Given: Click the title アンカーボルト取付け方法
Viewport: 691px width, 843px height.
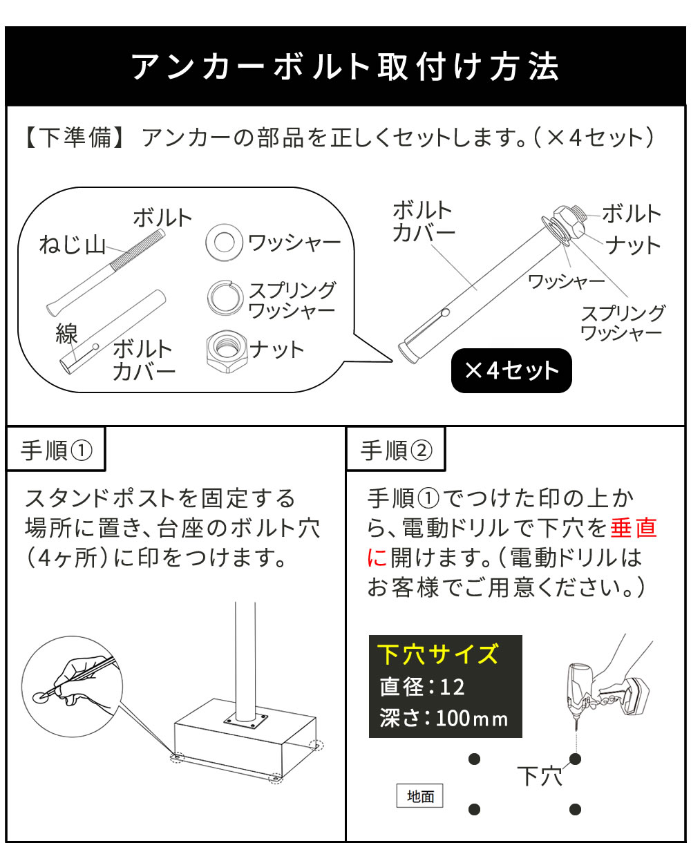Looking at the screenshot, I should (x=345, y=67).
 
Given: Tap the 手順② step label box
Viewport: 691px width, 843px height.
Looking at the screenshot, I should (x=396, y=451).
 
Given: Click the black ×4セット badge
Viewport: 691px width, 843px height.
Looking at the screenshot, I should (x=511, y=371).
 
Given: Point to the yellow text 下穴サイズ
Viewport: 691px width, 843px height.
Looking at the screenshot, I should (x=438, y=654).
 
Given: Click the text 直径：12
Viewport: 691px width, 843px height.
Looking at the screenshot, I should (x=422, y=687).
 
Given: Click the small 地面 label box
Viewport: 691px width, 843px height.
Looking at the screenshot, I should (x=420, y=796).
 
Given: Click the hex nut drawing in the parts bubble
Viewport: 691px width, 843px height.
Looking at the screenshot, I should (x=225, y=350).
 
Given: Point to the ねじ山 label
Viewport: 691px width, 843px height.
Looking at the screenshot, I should (x=72, y=245).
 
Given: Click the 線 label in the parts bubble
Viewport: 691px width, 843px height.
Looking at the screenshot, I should (x=66, y=334).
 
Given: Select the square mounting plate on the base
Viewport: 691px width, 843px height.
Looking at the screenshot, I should (x=246, y=723).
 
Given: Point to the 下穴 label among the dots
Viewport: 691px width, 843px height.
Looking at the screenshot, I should (x=540, y=775).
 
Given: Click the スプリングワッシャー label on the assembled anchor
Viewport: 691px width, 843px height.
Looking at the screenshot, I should (x=622, y=323).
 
